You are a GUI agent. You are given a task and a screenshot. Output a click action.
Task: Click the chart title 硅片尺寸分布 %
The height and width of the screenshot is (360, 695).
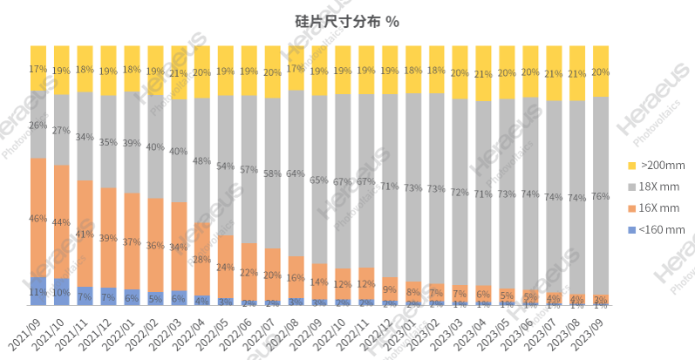pyautogui.click(x=347, y=19)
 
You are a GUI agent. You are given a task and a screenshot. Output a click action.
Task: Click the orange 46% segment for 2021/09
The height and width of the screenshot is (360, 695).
pyautogui.click(x=38, y=218)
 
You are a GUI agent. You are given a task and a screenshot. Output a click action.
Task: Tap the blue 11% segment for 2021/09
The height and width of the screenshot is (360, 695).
pyautogui.click(x=38, y=291)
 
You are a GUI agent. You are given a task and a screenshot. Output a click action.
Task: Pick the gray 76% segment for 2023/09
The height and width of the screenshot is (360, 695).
pyautogui.click(x=601, y=195)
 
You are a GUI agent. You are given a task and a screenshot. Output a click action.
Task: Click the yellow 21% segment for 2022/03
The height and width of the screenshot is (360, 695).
pyautogui.click(x=179, y=72)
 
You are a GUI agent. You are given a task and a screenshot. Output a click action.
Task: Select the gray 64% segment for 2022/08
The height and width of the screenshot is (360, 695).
pyautogui.click(x=296, y=173)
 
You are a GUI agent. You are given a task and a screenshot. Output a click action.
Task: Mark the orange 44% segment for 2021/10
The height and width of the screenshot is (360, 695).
pyautogui.click(x=62, y=222)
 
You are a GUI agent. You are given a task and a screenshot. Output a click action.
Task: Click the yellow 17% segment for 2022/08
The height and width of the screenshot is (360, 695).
pyautogui.click(x=296, y=68)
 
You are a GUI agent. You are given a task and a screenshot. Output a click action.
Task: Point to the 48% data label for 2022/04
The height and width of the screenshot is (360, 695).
pyautogui.click(x=202, y=160)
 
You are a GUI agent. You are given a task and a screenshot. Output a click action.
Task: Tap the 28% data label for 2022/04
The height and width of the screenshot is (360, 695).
pyautogui.click(x=202, y=259)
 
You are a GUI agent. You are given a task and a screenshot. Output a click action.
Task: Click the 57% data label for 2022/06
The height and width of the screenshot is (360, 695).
pyautogui.click(x=249, y=169)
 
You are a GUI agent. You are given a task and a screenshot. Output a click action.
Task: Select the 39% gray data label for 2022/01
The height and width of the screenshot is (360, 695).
pyautogui.click(x=132, y=143)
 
